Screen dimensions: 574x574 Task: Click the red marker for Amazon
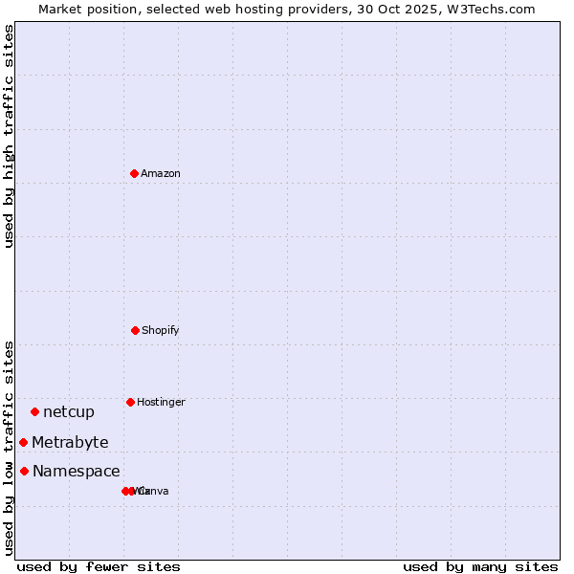pyautogui.click(x=134, y=173)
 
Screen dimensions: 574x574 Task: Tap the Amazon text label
pyautogui.click(x=161, y=173)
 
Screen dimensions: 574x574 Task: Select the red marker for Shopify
pyautogui.click(x=135, y=330)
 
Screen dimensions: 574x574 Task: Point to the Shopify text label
pyautogui.click(x=161, y=330)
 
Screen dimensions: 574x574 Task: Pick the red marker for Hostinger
pyautogui.click(x=130, y=402)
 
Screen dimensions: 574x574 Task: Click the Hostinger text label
pyautogui.click(x=161, y=402)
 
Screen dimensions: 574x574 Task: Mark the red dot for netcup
pyautogui.click(x=34, y=411)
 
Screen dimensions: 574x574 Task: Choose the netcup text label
pyautogui.click(x=69, y=412)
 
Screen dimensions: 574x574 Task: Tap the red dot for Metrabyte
pyautogui.click(x=23, y=442)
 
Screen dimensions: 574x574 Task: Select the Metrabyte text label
pyautogui.click(x=70, y=442)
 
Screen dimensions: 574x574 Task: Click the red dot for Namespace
pyautogui.click(x=24, y=471)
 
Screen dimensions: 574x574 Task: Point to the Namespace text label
pyautogui.click(x=77, y=471)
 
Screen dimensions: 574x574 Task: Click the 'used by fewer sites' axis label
pyautogui.click(x=99, y=566)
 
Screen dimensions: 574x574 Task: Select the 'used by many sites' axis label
pyautogui.click(x=480, y=566)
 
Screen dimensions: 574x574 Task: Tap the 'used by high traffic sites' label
pyautogui.click(x=9, y=136)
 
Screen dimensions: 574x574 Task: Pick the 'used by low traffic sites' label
pyautogui.click(x=9, y=448)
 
